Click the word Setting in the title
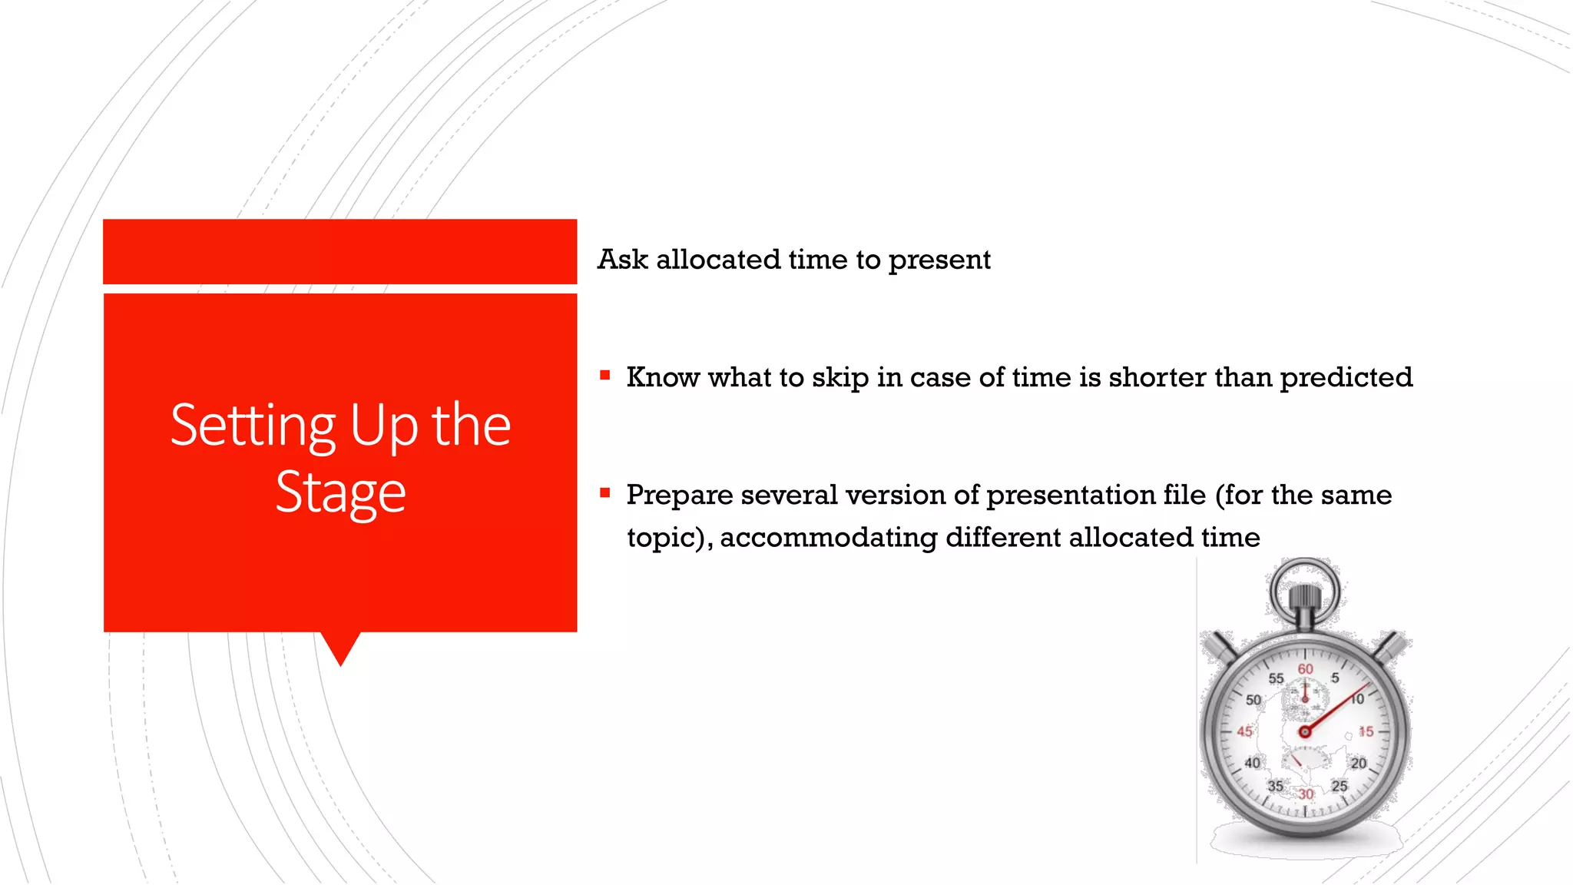pos(253,426)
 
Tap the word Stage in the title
pos(340,492)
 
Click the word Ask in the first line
pos(622,260)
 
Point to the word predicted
pos(1346,377)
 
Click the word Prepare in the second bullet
pos(679,495)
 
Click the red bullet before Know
pos(605,376)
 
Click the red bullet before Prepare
pos(605,493)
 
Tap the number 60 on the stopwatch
pos(1305,669)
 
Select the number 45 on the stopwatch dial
pos(1244,731)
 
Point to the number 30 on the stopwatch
pos(1306,794)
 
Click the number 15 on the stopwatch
pos(1366,731)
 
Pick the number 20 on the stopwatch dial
pos(1358,763)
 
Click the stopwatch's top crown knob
pos(1304,598)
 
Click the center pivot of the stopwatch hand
pos(1304,731)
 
